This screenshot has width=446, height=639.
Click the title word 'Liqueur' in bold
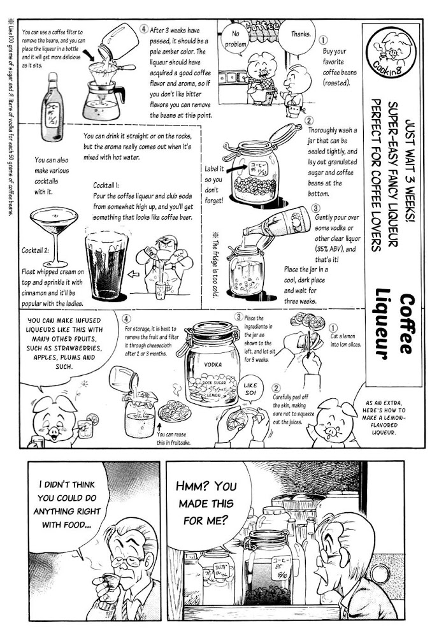[383, 324]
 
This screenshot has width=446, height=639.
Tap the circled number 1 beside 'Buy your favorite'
[322, 40]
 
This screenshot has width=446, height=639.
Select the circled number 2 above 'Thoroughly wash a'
[310, 120]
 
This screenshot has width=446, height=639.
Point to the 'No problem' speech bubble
[236, 39]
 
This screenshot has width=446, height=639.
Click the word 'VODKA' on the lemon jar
[213, 365]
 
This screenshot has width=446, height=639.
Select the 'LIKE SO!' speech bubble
[251, 389]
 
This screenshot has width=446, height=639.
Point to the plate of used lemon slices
[175, 410]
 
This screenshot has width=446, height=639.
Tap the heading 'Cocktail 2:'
[35, 250]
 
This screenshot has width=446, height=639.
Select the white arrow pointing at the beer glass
[133, 274]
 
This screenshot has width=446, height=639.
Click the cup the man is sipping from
[109, 580]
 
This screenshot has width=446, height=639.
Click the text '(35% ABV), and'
[335, 249]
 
